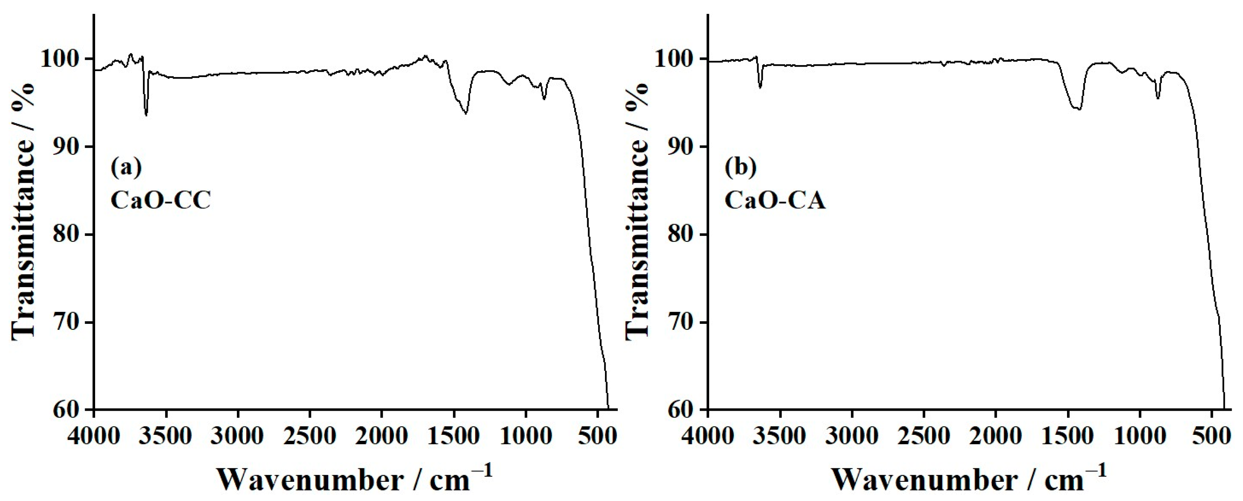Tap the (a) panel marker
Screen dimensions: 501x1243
(126, 167)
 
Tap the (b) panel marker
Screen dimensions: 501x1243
(741, 167)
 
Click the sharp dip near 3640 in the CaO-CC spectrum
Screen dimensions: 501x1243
(146, 114)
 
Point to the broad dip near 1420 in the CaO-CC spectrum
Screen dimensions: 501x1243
(465, 112)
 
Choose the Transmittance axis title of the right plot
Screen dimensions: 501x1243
(638, 211)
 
